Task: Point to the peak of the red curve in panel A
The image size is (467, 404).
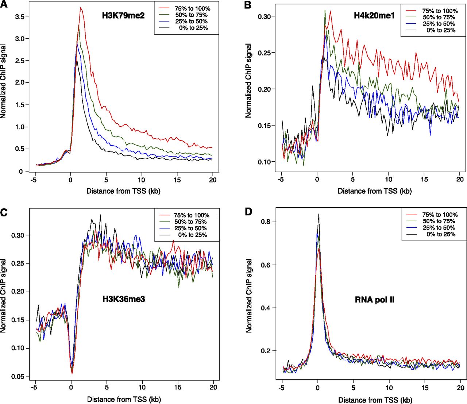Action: pos(81,8)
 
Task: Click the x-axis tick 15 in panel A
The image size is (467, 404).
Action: pos(177,180)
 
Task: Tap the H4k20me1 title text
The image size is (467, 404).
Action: pos(374,16)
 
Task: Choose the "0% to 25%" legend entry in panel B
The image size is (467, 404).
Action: pos(441,30)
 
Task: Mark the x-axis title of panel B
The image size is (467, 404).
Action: pos(374,191)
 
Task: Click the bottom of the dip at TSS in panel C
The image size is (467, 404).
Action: pos(72,373)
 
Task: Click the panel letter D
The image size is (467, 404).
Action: pos(248,212)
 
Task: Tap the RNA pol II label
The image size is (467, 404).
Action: pos(375,300)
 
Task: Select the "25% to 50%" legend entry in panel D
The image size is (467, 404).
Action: pos(438,228)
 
